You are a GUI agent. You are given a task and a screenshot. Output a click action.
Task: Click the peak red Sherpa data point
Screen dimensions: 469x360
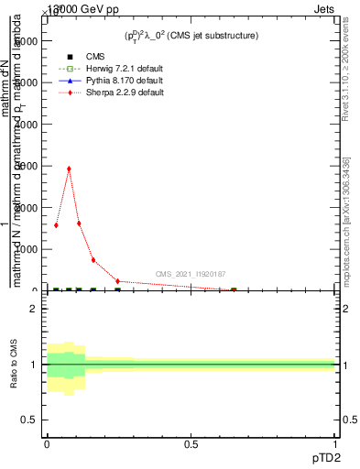tap(69, 169)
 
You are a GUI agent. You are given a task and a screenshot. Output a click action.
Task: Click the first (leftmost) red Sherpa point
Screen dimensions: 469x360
tap(56, 224)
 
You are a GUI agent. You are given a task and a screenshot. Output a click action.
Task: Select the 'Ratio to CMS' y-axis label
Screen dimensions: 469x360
tap(14, 365)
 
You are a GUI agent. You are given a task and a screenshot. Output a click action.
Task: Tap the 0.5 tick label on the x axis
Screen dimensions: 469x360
tap(191, 443)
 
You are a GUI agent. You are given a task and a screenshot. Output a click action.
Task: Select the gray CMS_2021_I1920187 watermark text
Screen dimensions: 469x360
tap(191, 274)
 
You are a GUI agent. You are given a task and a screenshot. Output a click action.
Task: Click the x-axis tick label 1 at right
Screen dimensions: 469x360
tap(335, 443)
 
